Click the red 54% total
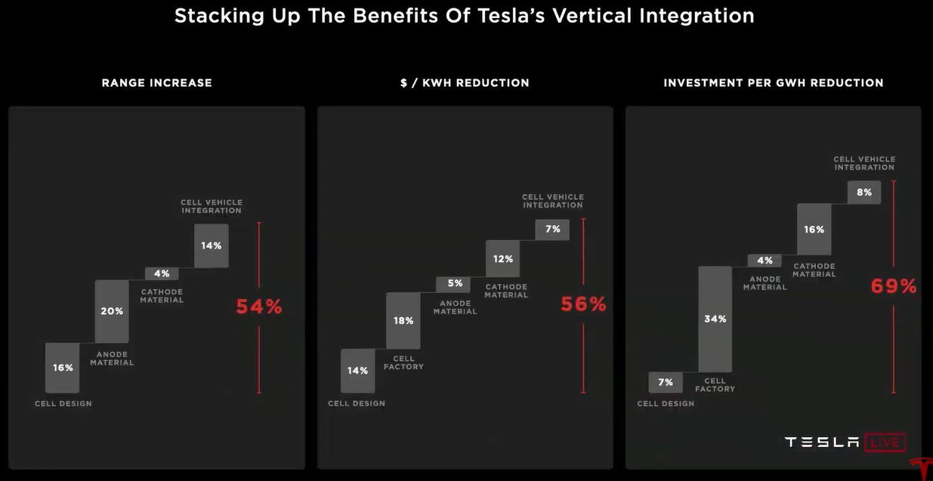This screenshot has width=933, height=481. pyautogui.click(x=258, y=307)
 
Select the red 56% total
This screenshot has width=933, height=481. pyautogui.click(x=582, y=304)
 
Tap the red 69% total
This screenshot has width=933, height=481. pyautogui.click(x=894, y=286)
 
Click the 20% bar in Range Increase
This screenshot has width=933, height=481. pyautogui.click(x=112, y=311)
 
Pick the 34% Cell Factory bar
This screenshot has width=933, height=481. pyautogui.click(x=715, y=319)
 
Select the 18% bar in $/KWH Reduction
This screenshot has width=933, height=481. pyautogui.click(x=403, y=321)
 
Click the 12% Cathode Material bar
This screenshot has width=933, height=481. pyautogui.click(x=503, y=259)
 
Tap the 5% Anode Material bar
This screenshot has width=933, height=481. pyautogui.click(x=454, y=284)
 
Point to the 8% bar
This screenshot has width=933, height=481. pyautogui.click(x=863, y=193)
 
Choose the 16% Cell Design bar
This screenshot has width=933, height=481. pyautogui.click(x=63, y=368)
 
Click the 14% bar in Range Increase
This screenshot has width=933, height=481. pyautogui.click(x=211, y=245)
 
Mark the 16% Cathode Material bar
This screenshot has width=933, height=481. pyautogui.click(x=814, y=229)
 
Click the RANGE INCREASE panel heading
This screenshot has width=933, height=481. pyautogui.click(x=157, y=83)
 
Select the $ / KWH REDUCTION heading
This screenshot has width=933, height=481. pyautogui.click(x=465, y=83)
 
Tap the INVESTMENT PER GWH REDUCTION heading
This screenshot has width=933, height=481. pyautogui.click(x=774, y=83)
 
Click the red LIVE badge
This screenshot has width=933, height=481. pyautogui.click(x=885, y=442)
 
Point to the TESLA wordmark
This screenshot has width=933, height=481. pyautogui.click(x=822, y=442)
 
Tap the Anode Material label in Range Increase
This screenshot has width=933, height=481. pyautogui.click(x=112, y=359)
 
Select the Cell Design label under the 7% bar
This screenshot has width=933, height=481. pyautogui.click(x=666, y=404)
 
